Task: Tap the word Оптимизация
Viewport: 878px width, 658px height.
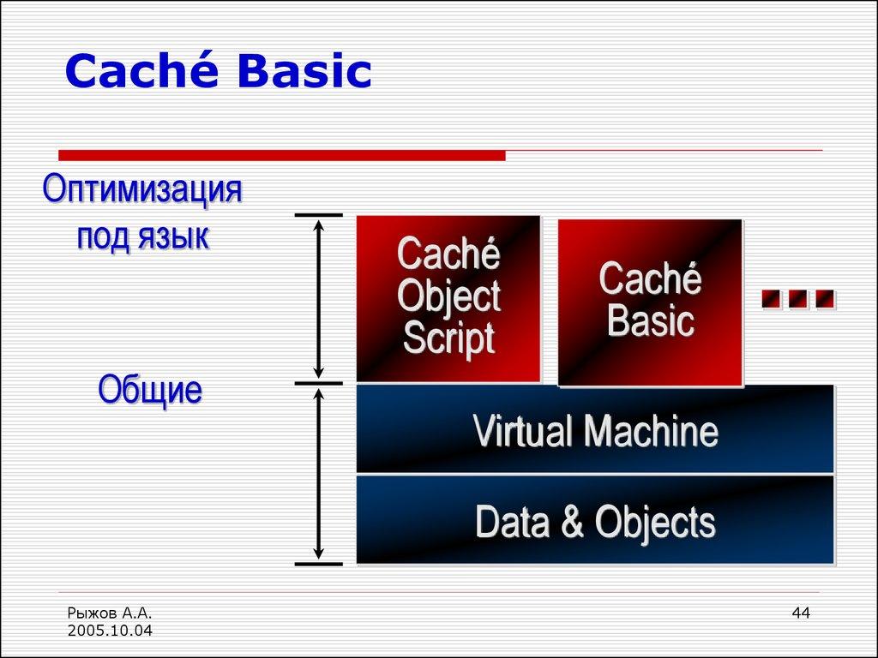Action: pyautogui.click(x=142, y=190)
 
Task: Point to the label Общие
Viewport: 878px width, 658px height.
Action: pyautogui.click(x=150, y=391)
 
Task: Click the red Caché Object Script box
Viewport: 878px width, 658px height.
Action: pyautogui.click(x=448, y=298)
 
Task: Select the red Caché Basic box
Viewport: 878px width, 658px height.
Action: pyautogui.click(x=650, y=302)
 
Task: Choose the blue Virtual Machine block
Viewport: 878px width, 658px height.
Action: pyautogui.click(x=595, y=429)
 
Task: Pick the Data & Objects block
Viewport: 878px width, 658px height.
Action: pyautogui.click(x=595, y=521)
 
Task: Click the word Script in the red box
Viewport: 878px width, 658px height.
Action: pyautogui.click(x=448, y=338)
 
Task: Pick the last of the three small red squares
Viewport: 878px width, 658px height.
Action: pyautogui.click(x=825, y=299)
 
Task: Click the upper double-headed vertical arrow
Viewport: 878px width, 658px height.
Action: pyautogui.click(x=319, y=298)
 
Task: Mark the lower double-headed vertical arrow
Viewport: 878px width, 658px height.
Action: pyautogui.click(x=319, y=473)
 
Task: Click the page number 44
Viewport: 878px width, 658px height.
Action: pyautogui.click(x=801, y=613)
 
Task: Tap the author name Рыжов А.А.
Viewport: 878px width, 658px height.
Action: pyautogui.click(x=108, y=613)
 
